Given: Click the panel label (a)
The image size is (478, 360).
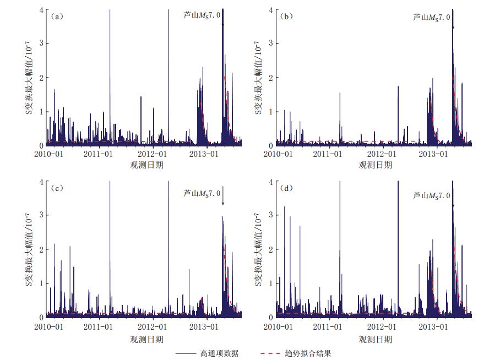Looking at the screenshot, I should (x=57, y=16).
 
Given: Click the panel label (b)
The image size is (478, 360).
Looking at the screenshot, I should (x=286, y=16).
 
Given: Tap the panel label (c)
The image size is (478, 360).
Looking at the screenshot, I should (x=57, y=188).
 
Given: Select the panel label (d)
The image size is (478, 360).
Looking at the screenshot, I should (x=286, y=188).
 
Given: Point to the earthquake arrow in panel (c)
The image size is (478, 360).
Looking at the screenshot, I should (x=223, y=197).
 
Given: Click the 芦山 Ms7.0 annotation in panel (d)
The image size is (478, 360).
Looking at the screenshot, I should (x=432, y=195).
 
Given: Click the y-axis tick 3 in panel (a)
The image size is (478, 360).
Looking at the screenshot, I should (x=42, y=43).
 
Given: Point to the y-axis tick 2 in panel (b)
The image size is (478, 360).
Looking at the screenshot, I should (x=271, y=78).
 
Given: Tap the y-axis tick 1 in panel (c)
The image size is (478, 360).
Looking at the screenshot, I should (x=42, y=283).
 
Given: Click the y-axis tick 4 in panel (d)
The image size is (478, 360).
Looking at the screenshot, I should (x=271, y=182).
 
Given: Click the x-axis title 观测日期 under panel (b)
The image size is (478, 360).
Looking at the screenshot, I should (x=376, y=165).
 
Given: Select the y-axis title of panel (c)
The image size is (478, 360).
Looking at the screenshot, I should (x=31, y=249).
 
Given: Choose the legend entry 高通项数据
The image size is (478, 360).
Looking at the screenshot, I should (x=220, y=353).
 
